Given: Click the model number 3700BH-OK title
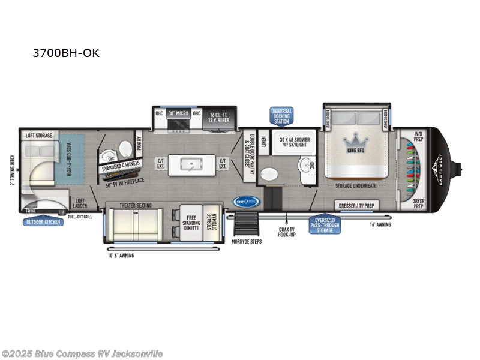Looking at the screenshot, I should click(x=66, y=53).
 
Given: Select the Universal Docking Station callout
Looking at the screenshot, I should click(x=281, y=116).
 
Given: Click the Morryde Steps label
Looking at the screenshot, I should click(x=245, y=242).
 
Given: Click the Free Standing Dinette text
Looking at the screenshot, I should click(x=192, y=221).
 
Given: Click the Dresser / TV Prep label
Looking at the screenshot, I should click(x=356, y=205).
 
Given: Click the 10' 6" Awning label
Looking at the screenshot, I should click(x=122, y=255).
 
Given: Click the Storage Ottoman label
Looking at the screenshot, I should click(x=211, y=221).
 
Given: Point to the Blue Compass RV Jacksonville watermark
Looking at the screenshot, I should click(x=82, y=353).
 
